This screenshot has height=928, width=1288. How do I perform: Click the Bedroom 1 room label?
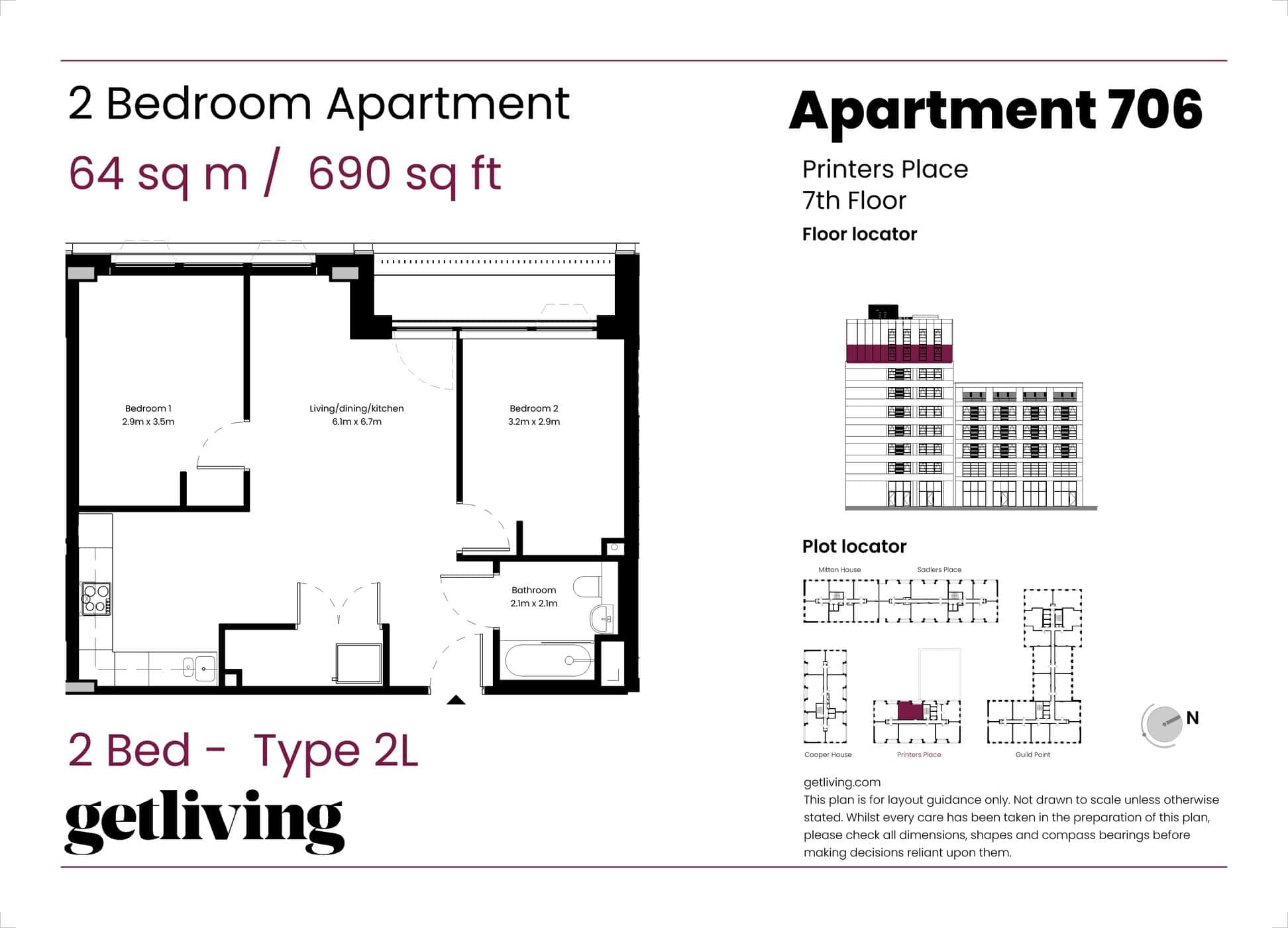(x=148, y=408)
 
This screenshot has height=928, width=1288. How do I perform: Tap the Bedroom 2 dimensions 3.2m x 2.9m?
(x=534, y=422)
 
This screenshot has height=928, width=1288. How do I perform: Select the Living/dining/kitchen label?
(x=356, y=408)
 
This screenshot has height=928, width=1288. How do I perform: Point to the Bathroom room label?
(x=533, y=590)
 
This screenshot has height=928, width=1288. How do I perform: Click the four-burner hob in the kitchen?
(x=96, y=598)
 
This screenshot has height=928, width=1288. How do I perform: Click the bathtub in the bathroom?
(x=549, y=661)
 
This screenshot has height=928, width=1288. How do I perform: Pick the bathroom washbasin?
(x=602, y=619)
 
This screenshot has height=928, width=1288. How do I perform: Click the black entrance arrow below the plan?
(x=456, y=699)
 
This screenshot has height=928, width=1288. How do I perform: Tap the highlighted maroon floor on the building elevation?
(x=899, y=353)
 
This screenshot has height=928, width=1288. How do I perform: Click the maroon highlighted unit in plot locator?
(x=911, y=711)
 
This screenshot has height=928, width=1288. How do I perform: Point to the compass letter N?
(x=1193, y=718)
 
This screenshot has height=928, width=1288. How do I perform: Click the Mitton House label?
(x=839, y=569)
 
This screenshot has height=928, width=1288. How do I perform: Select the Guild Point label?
(x=1033, y=754)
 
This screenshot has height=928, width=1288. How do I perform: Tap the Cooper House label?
(x=828, y=754)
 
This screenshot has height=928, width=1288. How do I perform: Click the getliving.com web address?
(x=842, y=782)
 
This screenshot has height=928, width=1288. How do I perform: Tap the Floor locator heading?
(x=859, y=234)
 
